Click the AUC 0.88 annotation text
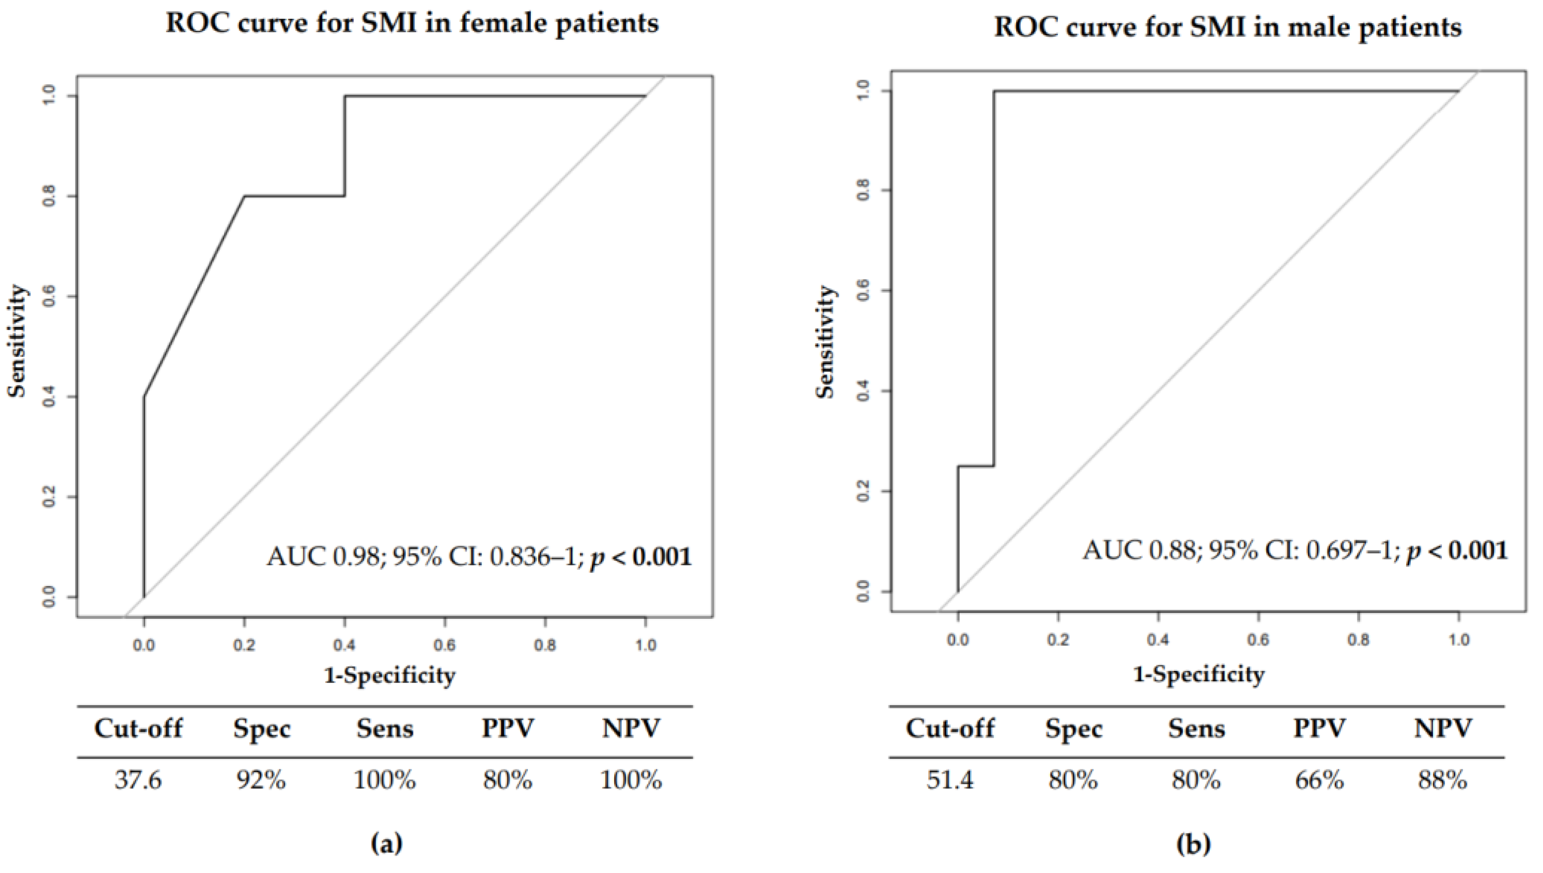pos(1295,550)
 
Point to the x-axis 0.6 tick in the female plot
pos(445,645)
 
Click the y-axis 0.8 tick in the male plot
pos(864,191)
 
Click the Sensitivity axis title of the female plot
pos(18,340)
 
